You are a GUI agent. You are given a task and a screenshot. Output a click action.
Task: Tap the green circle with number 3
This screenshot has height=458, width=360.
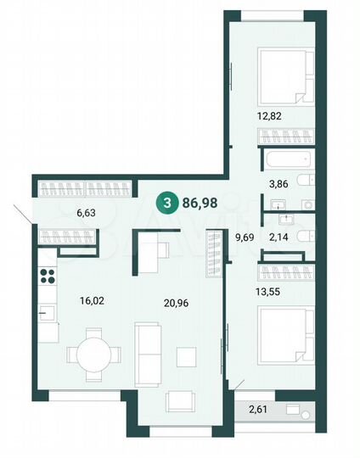click(167, 204)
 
